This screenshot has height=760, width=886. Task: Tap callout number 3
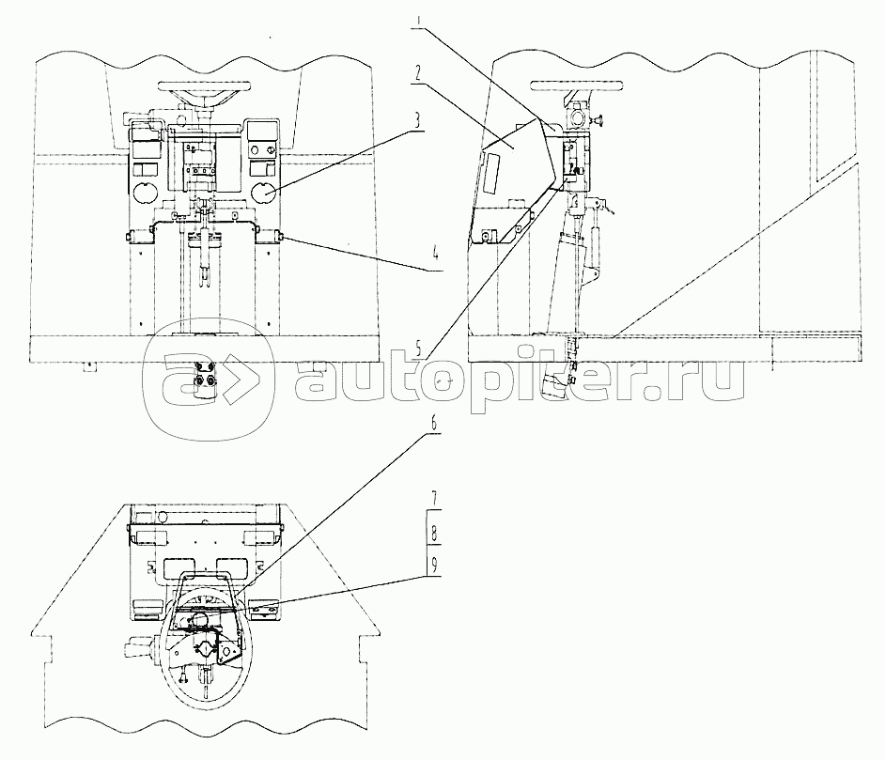[432, 121]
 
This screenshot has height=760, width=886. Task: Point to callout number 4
[435, 256]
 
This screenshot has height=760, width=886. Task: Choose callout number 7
[434, 500]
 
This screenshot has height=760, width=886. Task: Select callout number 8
[434, 533]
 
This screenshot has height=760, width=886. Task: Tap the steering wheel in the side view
[577, 85]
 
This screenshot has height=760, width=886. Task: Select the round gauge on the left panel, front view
[144, 193]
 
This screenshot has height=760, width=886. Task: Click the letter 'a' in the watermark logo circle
[179, 379]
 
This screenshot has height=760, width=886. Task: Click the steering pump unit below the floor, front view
[204, 380]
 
